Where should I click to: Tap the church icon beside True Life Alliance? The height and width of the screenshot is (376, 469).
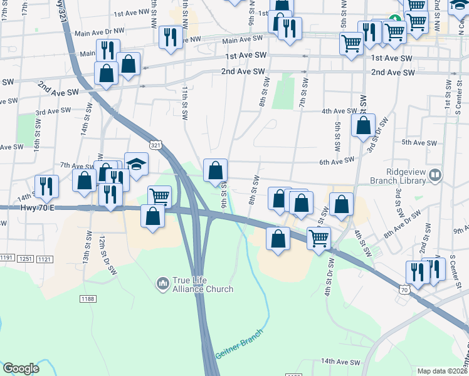(162, 284)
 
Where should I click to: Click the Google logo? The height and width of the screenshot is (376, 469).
(21, 368)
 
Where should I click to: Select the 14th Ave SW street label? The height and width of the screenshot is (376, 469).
(340, 362)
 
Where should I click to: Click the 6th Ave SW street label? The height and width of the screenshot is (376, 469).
(337, 161)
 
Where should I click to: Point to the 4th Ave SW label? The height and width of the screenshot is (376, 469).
(339, 111)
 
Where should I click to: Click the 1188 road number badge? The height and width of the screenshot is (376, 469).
(88, 299)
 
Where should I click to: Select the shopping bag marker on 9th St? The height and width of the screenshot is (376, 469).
(215, 169)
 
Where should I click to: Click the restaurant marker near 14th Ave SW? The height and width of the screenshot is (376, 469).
(46, 186)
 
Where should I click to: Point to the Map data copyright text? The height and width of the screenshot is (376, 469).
(443, 371)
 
